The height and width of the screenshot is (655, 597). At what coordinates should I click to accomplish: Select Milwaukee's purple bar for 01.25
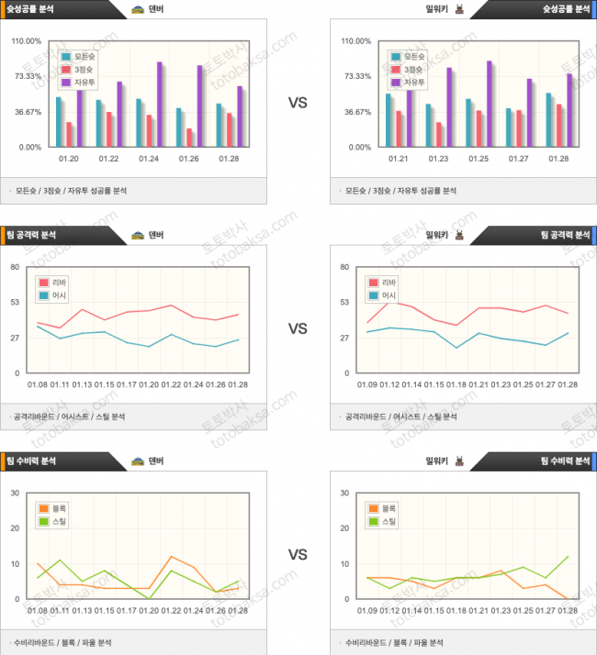coord(490,103)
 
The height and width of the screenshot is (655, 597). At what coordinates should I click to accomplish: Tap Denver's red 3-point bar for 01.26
coord(190,137)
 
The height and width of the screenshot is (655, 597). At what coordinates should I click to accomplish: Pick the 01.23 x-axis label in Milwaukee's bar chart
coord(438,158)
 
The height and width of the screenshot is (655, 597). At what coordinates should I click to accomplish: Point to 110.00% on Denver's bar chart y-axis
coord(27,41)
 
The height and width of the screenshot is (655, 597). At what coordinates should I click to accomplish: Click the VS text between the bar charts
coord(298,104)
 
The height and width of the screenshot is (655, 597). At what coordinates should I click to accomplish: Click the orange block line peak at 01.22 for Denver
coord(172,557)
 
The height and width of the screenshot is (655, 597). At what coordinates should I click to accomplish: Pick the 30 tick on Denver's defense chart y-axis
coord(15,494)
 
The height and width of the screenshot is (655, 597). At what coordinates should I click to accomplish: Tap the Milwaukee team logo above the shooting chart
coord(459,10)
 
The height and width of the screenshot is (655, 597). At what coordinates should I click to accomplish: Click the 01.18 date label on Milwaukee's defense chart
coord(456,610)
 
